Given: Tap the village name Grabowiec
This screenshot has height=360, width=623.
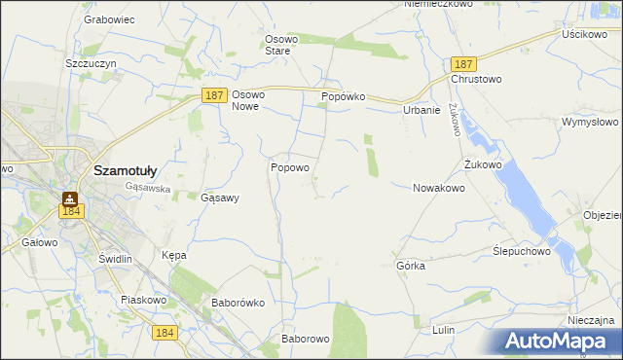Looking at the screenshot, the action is click(108, 18).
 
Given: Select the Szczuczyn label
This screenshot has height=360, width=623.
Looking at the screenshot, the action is click(91, 62).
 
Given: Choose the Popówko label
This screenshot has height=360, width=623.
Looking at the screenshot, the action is click(343, 97).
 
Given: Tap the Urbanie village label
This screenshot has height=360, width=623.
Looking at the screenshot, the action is click(421, 110).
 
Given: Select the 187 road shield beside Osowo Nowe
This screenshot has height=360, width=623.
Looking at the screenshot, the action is click(216, 95).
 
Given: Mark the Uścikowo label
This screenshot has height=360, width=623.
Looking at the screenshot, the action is click(584, 33).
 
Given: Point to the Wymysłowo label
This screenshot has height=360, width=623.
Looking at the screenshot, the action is click(590, 123).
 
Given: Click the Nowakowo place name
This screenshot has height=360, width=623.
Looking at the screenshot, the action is click(438, 188).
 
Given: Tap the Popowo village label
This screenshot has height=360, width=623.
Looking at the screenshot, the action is click(289, 167).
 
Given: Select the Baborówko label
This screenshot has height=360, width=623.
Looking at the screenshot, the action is click(238, 303).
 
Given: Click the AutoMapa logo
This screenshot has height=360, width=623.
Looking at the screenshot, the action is click(558, 341).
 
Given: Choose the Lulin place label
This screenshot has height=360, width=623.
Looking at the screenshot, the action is click(443, 330).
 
